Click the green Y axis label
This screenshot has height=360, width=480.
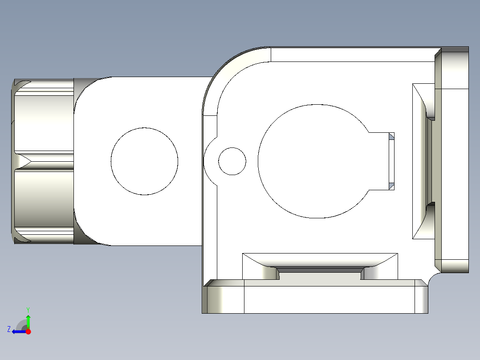coord(28,309)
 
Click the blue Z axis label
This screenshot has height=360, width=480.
coord(8,329)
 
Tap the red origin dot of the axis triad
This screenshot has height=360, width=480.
coord(28,331)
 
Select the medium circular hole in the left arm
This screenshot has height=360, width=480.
coord(144,161)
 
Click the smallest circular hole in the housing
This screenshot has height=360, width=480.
coord(232,161)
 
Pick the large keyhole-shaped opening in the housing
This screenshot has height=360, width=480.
coord(312,161)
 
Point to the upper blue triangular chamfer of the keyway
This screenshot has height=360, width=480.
coord(392,136)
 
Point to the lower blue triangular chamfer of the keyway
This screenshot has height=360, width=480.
coord(392,186)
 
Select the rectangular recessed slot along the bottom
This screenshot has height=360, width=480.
coord(320,266)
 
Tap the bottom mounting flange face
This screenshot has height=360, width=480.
coord(329,299)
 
